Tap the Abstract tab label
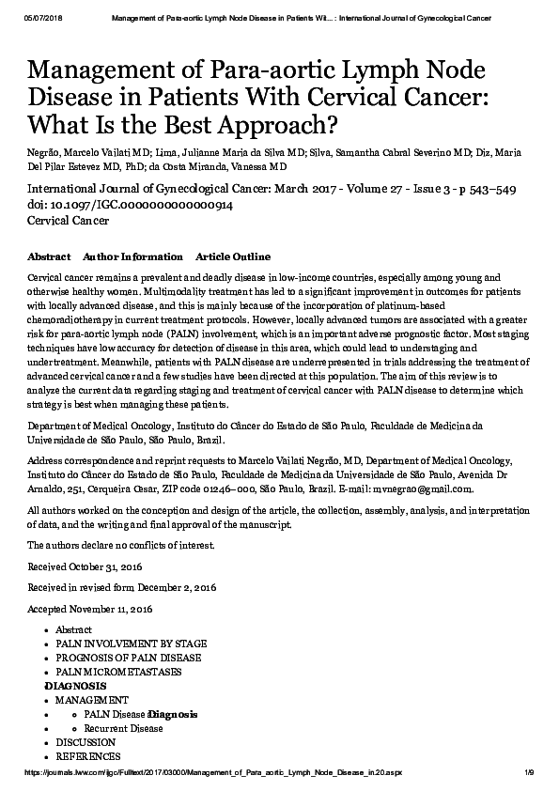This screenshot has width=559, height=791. tap(49, 256)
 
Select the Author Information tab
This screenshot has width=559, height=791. tap(132, 256)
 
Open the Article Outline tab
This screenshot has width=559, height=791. tap(232, 256)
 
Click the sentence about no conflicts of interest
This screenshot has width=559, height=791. tap(121, 545)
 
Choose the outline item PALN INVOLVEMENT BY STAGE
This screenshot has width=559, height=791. tap(131, 644)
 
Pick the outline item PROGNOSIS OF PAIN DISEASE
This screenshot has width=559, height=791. tap(128, 658)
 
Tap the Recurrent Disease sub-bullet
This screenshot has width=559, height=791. tap(123, 728)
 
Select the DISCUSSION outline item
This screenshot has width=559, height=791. tap(85, 742)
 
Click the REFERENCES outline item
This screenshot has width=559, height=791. tap(87, 756)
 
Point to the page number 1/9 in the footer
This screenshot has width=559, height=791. tap(529, 772)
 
